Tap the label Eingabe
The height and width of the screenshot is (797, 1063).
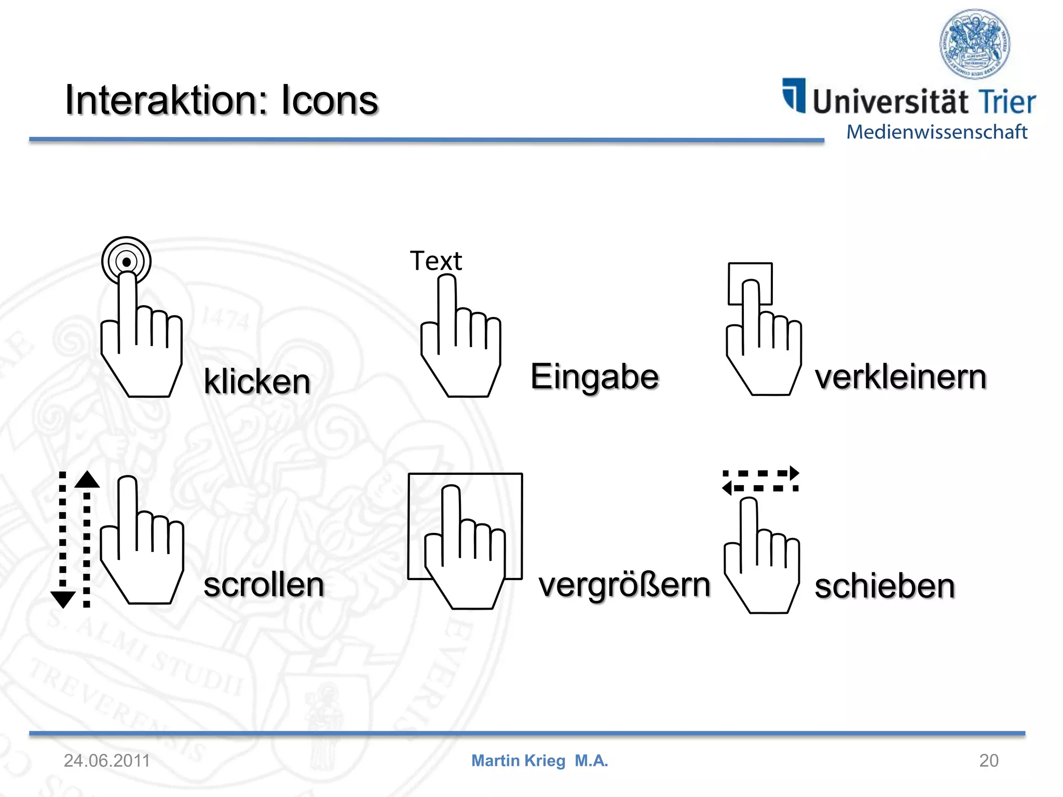[x=595, y=377]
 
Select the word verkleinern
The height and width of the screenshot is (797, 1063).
[x=901, y=377]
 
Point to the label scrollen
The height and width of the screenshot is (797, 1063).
[x=264, y=585]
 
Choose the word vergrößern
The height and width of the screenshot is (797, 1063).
[x=624, y=586]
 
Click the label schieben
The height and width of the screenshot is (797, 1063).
[x=885, y=586]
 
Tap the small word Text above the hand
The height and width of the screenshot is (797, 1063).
[x=435, y=261]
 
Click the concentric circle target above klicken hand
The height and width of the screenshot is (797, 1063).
[x=126, y=261]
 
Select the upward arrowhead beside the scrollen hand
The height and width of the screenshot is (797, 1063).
[x=87, y=480]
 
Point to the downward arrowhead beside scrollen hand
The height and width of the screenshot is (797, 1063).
[x=63, y=599]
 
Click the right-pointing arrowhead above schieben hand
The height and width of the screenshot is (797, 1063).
[x=794, y=473]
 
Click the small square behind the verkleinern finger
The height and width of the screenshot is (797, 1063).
[x=750, y=283]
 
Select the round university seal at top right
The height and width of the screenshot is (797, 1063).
[x=975, y=44]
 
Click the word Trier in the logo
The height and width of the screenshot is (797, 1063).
[x=1006, y=102]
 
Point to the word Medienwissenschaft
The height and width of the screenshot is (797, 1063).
[x=937, y=132]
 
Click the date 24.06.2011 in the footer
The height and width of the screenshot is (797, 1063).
[x=107, y=761]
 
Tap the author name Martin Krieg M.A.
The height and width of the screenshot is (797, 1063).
[x=539, y=761]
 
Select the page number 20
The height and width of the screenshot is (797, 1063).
[x=989, y=761]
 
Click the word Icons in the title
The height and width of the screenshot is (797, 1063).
[x=330, y=100]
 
